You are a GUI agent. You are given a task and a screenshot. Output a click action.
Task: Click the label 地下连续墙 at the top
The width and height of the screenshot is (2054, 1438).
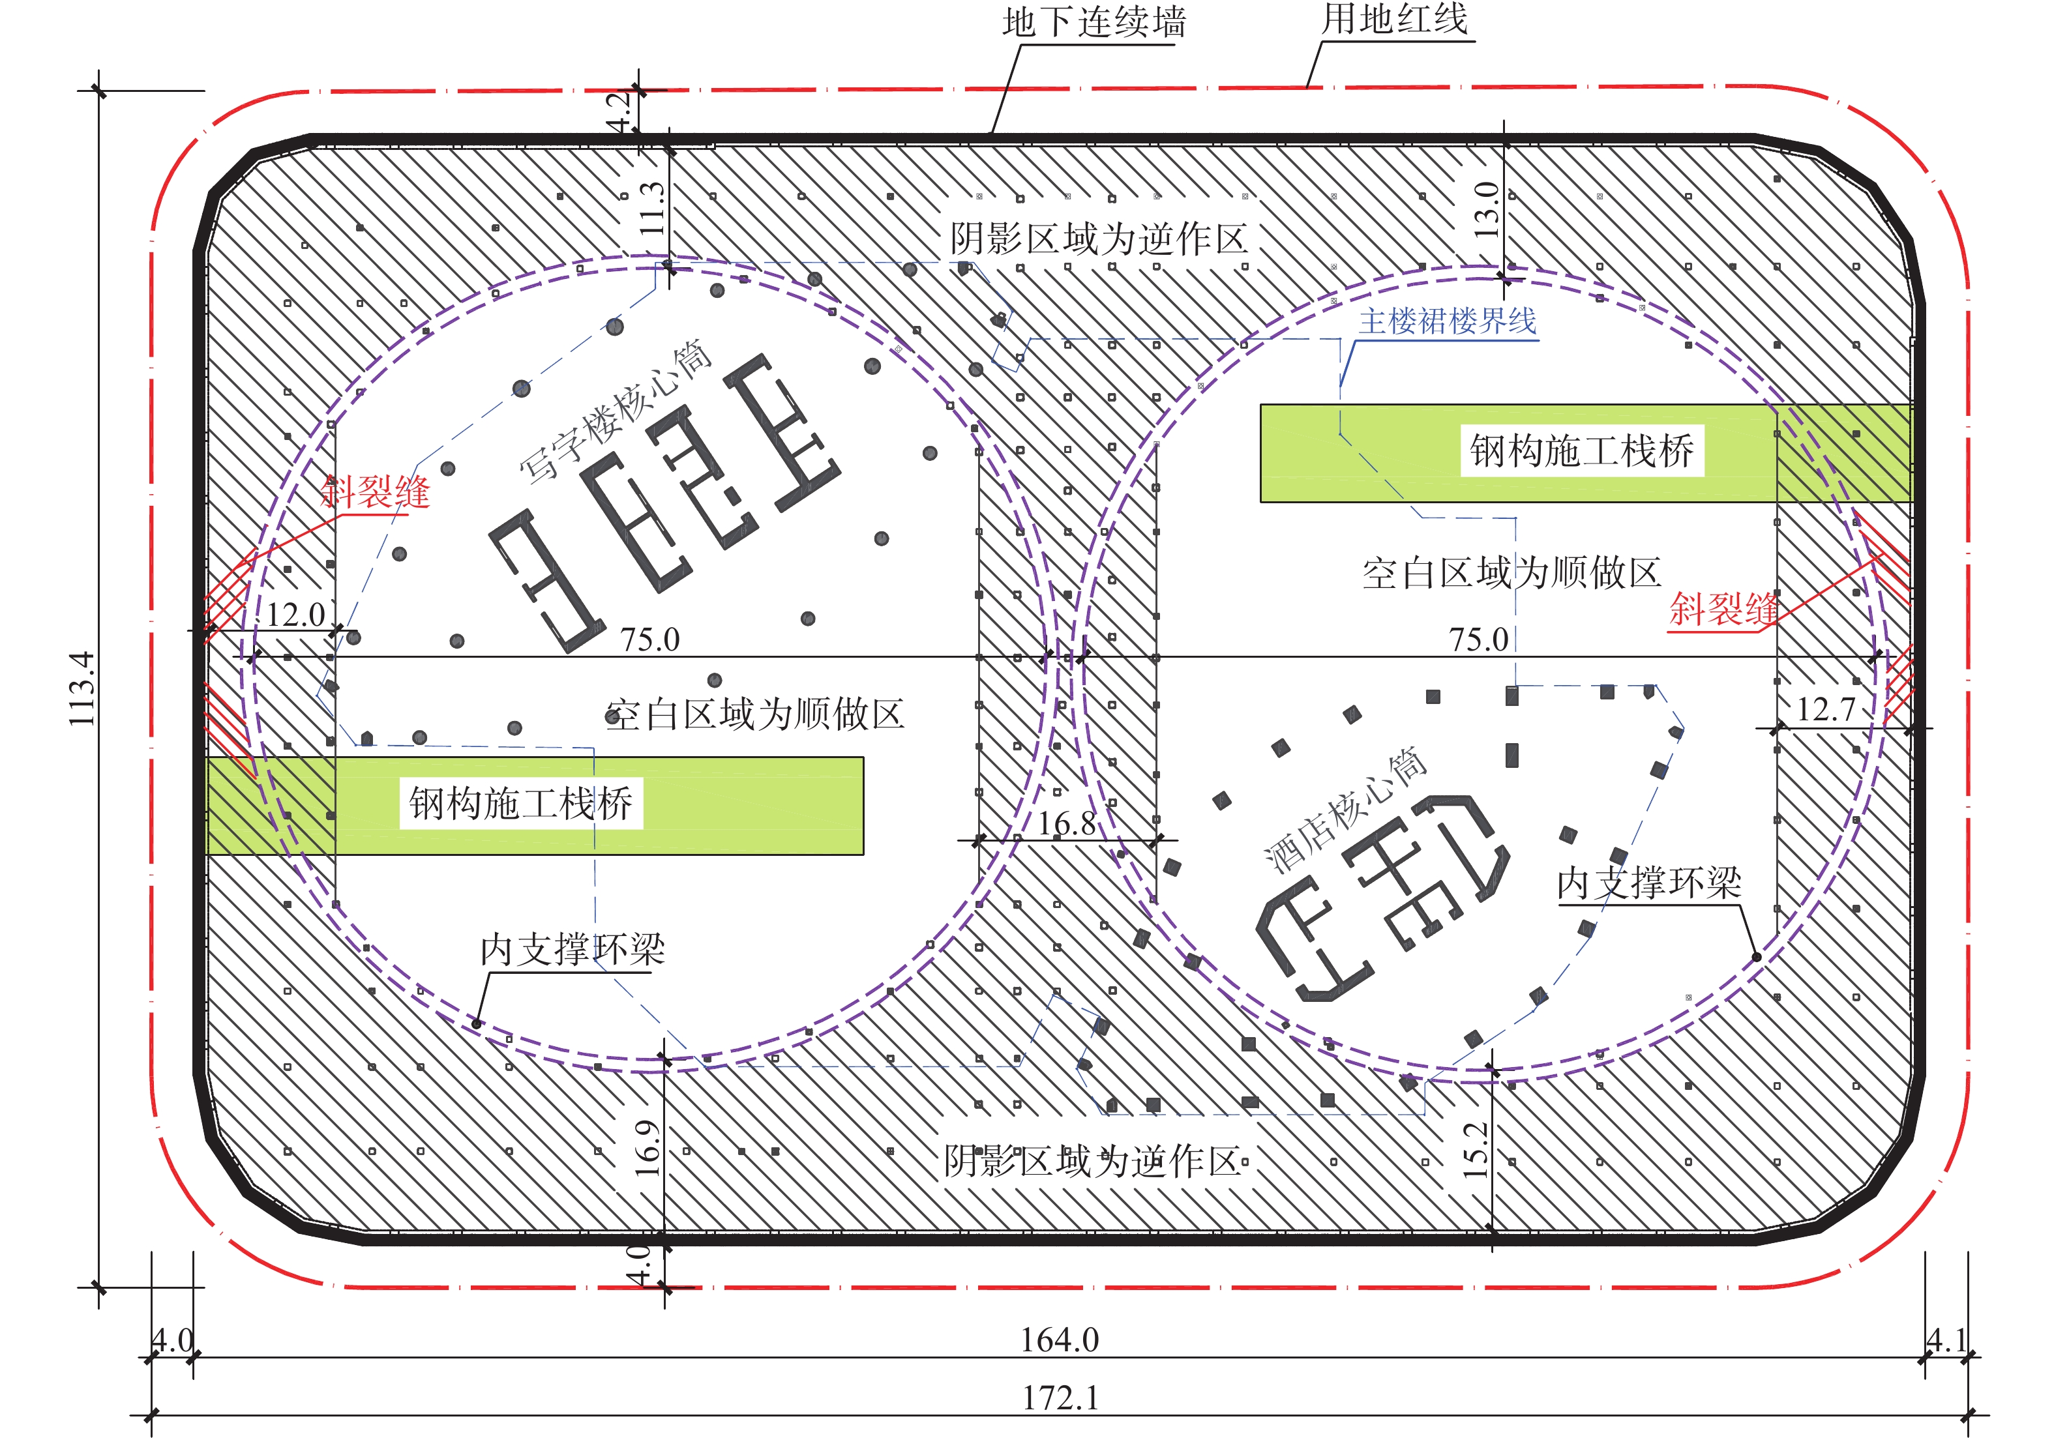(1094, 22)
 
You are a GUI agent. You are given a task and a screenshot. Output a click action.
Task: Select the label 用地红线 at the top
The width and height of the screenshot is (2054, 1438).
(1395, 19)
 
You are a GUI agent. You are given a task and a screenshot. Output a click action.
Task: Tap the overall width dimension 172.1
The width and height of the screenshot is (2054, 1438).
(1060, 1398)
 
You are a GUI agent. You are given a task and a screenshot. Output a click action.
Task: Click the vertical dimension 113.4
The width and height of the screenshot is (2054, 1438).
(82, 688)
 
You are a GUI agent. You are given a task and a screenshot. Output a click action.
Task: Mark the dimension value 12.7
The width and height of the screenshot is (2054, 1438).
(1826, 709)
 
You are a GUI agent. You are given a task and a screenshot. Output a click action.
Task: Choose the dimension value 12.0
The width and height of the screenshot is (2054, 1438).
(295, 614)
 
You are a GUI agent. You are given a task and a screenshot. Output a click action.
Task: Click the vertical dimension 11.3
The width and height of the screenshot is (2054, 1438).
(652, 209)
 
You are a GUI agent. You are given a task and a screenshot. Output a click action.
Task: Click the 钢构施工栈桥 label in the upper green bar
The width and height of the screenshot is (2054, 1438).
(1582, 450)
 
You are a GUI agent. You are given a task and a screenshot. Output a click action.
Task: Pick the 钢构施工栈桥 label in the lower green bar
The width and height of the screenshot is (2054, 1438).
(520, 803)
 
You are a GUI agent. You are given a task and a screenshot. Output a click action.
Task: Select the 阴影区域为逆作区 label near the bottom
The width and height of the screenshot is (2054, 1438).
(1094, 1162)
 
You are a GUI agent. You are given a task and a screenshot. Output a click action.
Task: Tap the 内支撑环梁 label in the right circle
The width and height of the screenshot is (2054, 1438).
(1649, 883)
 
